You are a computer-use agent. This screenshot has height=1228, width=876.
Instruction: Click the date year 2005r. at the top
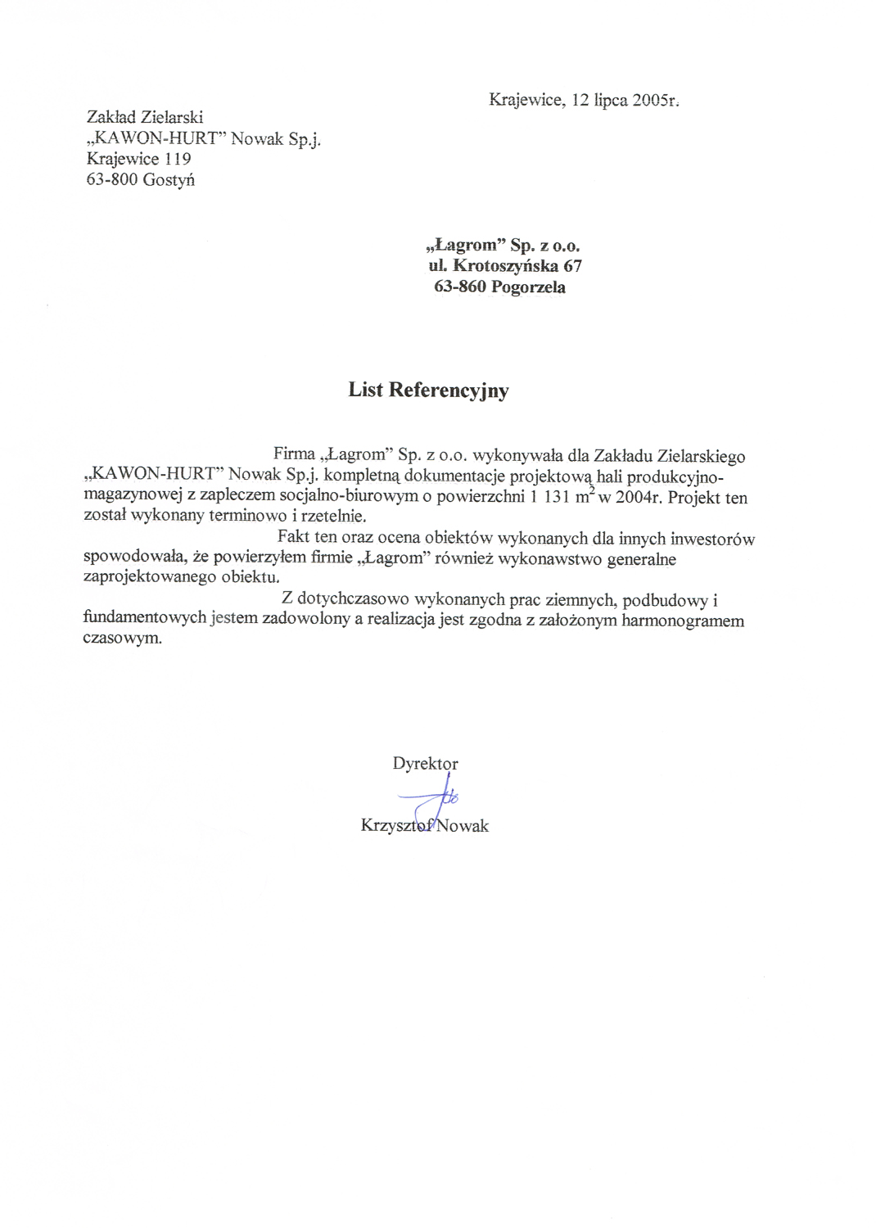pos(656,101)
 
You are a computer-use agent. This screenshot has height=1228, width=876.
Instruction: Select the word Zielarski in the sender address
pos(172,117)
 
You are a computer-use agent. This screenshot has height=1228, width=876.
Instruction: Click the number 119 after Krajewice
pos(178,159)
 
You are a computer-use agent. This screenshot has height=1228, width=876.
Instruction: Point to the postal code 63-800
pos(111,179)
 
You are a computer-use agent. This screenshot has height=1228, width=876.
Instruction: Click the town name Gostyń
pos(169,180)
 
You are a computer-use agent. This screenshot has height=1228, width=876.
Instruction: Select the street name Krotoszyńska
pos(506,266)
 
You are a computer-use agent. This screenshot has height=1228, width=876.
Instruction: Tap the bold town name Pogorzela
pos(528,287)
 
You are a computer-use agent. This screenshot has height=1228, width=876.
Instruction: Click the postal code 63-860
pos(460,287)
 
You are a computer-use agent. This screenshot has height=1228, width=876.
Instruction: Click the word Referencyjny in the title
pos(449,391)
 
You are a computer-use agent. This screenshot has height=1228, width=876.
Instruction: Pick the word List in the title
pos(365,390)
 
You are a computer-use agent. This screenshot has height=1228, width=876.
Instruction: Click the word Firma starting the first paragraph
pos(294,454)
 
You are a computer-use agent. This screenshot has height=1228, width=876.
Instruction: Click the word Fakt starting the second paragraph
pos(293,537)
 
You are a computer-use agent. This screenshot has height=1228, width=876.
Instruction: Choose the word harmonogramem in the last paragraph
pos(683,621)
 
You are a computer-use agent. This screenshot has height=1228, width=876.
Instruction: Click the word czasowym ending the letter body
pos(122,639)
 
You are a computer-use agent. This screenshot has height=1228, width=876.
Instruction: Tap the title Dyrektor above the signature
pos(425,763)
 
